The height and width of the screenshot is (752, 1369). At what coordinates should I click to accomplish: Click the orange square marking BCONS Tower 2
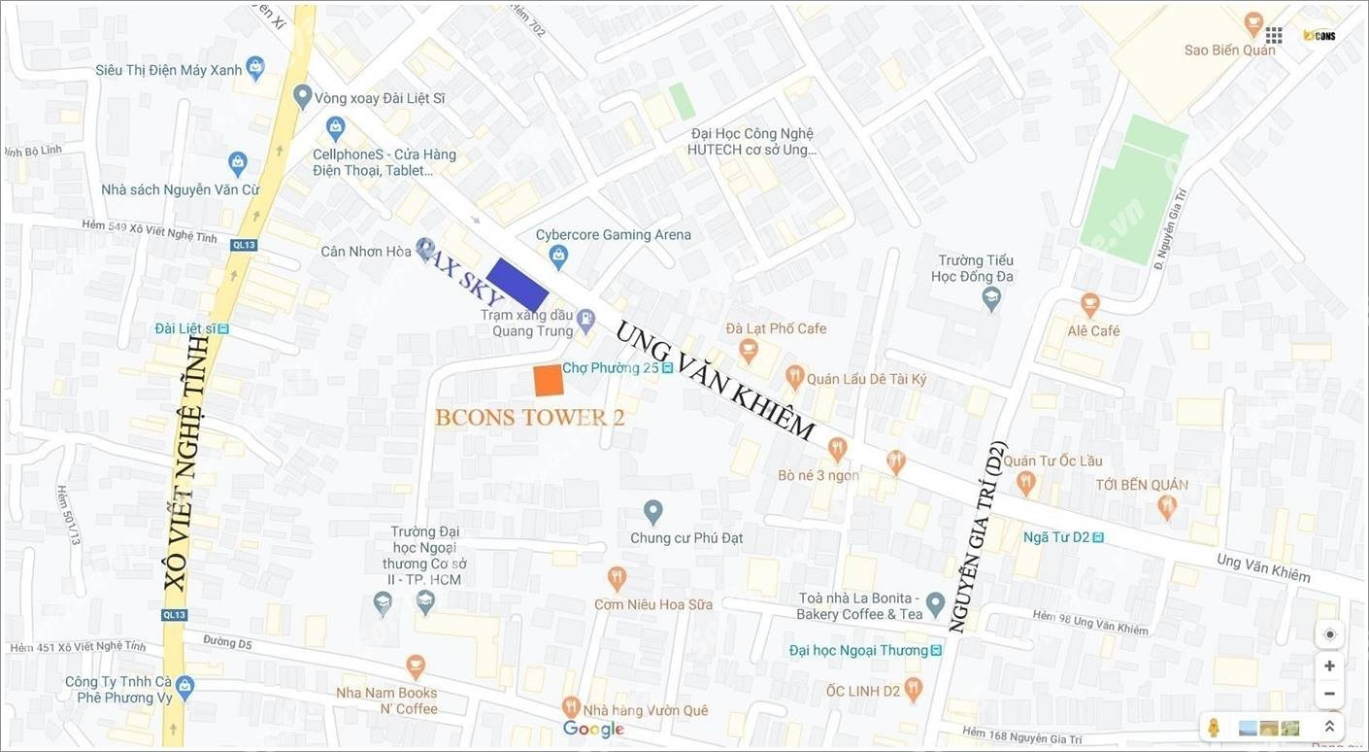pyautogui.click(x=549, y=381)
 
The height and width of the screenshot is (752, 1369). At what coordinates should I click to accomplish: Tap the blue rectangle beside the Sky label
pyautogui.click(x=518, y=284)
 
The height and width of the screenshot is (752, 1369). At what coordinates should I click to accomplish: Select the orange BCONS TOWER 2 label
pyautogui.click(x=529, y=418)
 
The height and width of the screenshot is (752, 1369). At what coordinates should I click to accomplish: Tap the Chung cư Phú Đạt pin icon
pyautogui.click(x=653, y=511)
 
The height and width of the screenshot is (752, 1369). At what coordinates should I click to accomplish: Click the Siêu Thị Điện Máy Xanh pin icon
pyautogui.click(x=255, y=68)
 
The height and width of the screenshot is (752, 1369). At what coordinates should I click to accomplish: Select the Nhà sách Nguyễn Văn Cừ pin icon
pyautogui.click(x=238, y=163)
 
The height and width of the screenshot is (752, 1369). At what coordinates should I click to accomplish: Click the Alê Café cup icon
pyautogui.click(x=1090, y=305)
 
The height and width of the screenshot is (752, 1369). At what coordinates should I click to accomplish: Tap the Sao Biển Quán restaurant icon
pyautogui.click(x=1253, y=23)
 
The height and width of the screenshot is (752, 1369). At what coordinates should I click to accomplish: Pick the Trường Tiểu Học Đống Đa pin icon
pyautogui.click(x=990, y=298)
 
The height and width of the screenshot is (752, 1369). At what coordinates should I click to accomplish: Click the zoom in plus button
pyautogui.click(x=1329, y=666)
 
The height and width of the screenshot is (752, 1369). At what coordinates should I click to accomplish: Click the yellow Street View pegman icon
pyautogui.click(x=1214, y=727)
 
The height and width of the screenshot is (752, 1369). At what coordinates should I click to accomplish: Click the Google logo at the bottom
pyautogui.click(x=593, y=729)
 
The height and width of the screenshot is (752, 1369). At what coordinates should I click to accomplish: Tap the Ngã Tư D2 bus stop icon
pyautogui.click(x=1098, y=537)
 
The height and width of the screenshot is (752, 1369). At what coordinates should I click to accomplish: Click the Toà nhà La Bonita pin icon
pyautogui.click(x=935, y=604)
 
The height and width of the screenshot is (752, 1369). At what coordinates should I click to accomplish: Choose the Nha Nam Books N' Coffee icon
pyautogui.click(x=416, y=667)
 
